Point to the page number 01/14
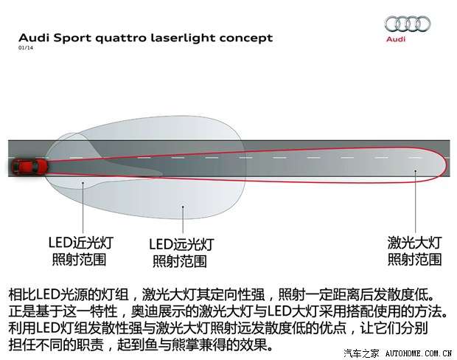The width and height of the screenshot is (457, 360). [26, 48]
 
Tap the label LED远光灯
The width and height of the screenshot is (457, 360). [181, 243]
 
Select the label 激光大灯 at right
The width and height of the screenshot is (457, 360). [414, 241]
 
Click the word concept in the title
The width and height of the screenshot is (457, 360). [248, 38]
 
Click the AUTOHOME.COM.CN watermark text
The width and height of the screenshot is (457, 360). [417, 353]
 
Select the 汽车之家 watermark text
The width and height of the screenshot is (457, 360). [361, 353]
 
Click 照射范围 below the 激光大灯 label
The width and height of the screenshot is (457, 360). [414, 259]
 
